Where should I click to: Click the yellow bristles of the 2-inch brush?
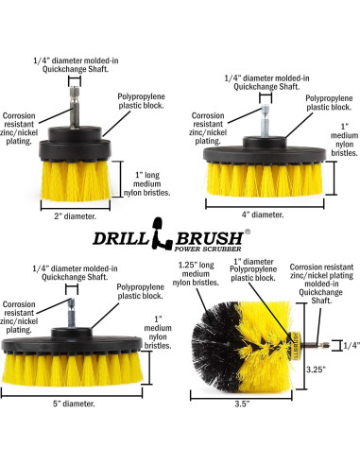point(79,179)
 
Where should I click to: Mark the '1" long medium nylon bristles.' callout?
point(150,181)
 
